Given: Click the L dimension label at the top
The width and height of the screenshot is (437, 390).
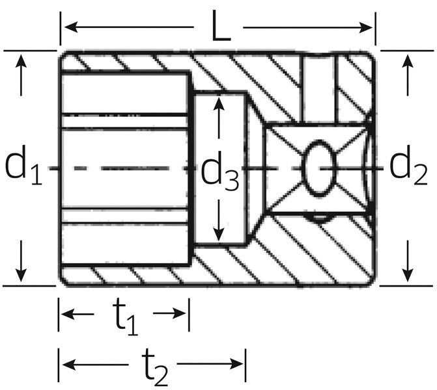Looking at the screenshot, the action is [x=221, y=26].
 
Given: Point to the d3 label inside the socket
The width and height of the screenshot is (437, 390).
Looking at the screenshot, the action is [x=219, y=171].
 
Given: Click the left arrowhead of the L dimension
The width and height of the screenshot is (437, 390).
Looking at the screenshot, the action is [x=71, y=27].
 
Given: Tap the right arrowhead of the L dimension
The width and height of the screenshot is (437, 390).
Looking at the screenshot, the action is [x=365, y=27].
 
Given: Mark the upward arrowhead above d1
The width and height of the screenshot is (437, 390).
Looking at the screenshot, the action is [x=21, y=62].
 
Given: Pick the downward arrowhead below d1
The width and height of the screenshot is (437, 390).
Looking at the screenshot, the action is [x=21, y=275].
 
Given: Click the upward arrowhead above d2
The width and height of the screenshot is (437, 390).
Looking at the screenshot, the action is [x=408, y=62].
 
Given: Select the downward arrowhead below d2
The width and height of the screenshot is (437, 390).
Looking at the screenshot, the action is [x=408, y=275].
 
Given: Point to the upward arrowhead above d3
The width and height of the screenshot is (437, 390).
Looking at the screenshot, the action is [x=219, y=104].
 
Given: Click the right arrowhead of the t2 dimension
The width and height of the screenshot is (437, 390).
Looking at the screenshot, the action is [x=236, y=363].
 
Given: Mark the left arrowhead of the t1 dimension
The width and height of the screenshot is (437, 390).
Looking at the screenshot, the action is [x=68, y=314].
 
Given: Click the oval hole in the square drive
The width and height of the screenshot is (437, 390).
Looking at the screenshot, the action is [x=318, y=168].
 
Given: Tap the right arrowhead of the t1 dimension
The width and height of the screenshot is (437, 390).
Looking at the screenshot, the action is [x=180, y=313].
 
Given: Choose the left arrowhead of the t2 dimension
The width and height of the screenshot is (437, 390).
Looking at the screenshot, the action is [x=69, y=363].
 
